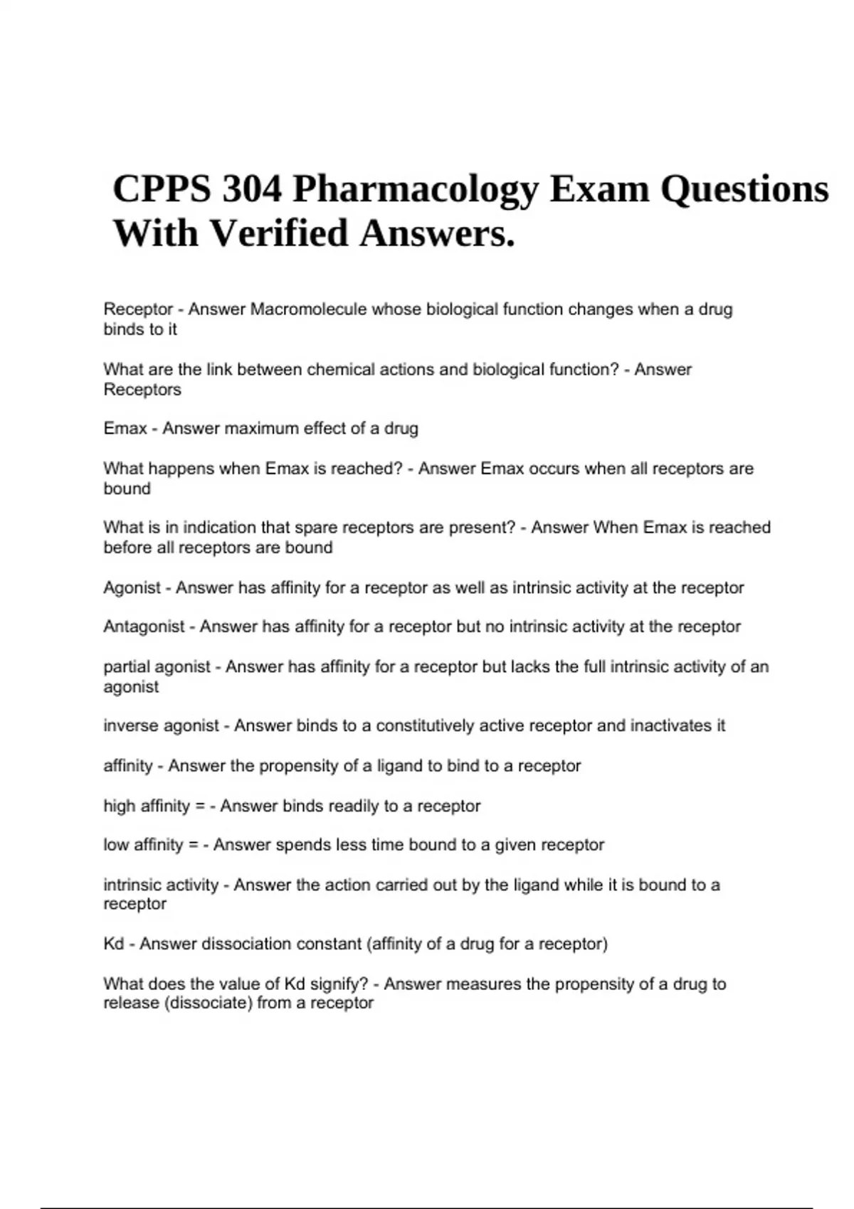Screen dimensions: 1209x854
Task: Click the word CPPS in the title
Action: click(x=162, y=189)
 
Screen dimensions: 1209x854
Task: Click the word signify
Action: click(x=338, y=984)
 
